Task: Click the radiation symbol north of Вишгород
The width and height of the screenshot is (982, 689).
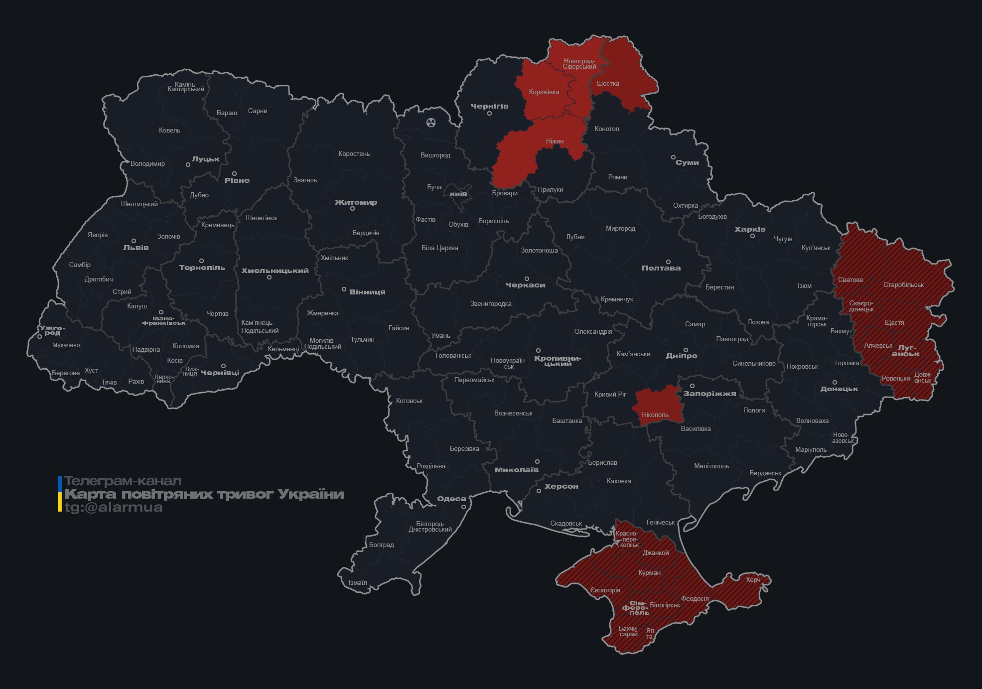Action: pyautogui.click(x=431, y=122)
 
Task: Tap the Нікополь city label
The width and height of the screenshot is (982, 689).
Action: pyautogui.click(x=655, y=415)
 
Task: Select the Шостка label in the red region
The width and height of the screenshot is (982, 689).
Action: pyautogui.click(x=608, y=84)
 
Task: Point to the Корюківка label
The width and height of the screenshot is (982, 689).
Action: pyautogui.click(x=544, y=92)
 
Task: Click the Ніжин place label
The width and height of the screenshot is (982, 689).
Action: pyautogui.click(x=555, y=141)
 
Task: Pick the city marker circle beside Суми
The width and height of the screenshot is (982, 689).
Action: pyautogui.click(x=673, y=157)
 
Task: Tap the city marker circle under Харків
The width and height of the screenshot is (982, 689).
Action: pyautogui.click(x=752, y=236)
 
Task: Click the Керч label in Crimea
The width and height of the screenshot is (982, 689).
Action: pyautogui.click(x=753, y=580)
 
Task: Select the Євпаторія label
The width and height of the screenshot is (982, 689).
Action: pyautogui.click(x=605, y=591)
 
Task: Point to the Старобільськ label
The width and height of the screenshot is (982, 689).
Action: pyautogui.click(x=903, y=285)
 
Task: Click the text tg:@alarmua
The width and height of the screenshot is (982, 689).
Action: pyautogui.click(x=114, y=508)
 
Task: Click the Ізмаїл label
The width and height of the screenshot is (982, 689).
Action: pyautogui.click(x=358, y=583)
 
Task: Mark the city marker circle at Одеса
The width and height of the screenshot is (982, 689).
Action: pyautogui.click(x=463, y=507)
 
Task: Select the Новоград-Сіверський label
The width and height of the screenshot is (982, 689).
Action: pyautogui.click(x=579, y=64)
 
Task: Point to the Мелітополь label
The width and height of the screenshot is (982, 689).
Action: pyautogui.click(x=711, y=466)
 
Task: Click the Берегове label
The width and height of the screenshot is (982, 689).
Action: pyautogui.click(x=66, y=373)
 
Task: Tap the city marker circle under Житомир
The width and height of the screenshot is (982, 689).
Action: pyautogui.click(x=352, y=209)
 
